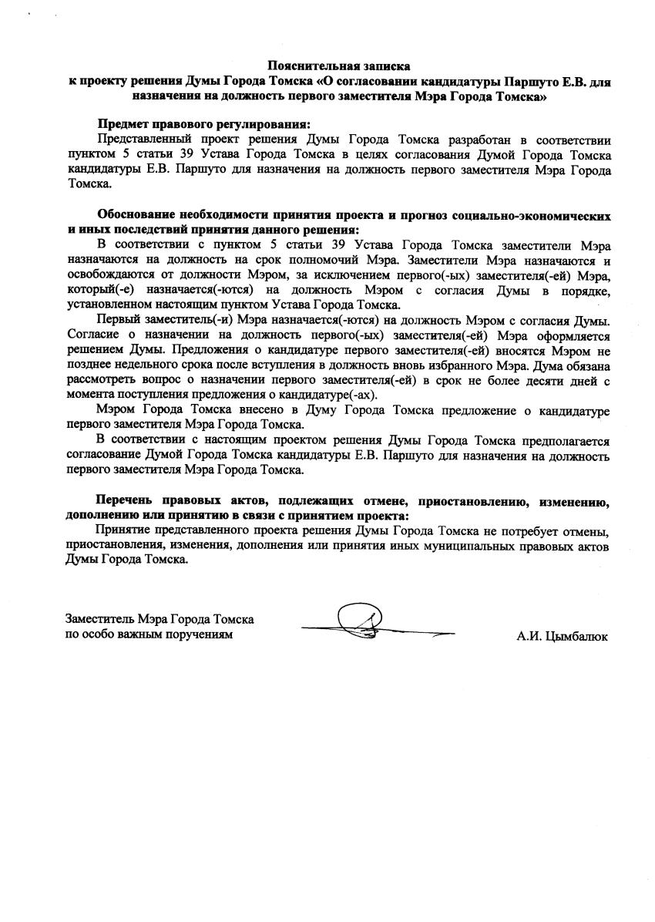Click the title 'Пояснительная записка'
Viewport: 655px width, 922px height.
pos(339,67)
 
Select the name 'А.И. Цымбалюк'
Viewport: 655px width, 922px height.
pos(562,638)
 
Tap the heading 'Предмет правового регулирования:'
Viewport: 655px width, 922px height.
pos(204,125)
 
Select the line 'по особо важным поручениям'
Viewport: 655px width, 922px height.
pos(149,634)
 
